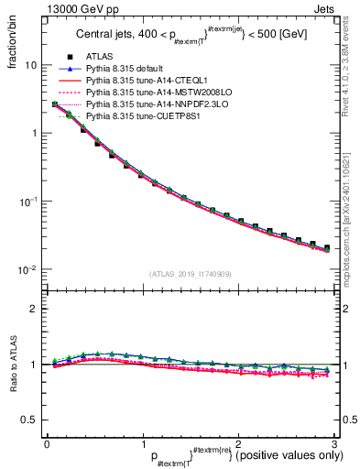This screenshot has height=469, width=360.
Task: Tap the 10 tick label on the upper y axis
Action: point(30,66)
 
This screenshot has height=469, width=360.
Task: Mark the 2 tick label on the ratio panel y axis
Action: point(35,309)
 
